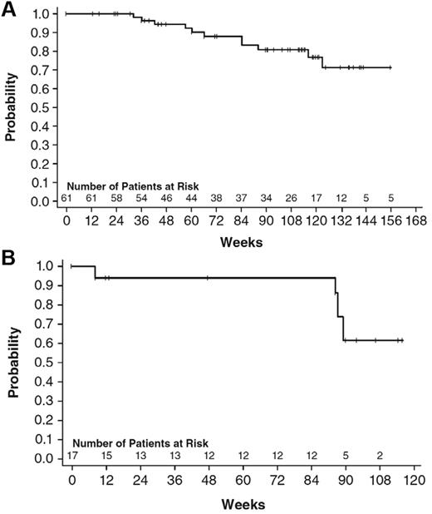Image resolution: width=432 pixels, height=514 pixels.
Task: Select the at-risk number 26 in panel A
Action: (291, 197)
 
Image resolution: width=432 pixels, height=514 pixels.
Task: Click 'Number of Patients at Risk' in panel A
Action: (132, 186)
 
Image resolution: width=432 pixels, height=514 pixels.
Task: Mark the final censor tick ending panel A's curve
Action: (390, 67)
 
